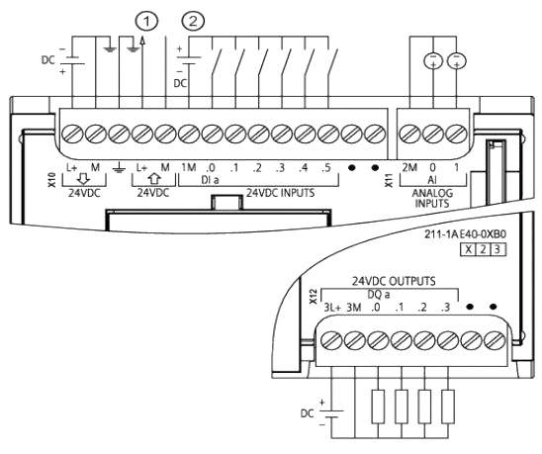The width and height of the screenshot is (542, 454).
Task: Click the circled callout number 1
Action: click(146, 22)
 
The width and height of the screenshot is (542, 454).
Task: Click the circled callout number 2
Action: click(193, 22)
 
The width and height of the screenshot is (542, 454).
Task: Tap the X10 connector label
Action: click(52, 180)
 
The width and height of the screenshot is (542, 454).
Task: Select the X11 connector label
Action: click(390, 180)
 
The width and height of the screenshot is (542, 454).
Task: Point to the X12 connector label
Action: click(314, 297)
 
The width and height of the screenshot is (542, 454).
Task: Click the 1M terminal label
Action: click(189, 168)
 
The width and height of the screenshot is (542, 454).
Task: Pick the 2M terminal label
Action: click(409, 168)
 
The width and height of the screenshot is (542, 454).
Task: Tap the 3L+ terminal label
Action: click(332, 308)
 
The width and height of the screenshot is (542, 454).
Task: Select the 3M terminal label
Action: click(354, 308)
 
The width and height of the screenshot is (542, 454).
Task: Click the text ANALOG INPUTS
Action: click(432, 198)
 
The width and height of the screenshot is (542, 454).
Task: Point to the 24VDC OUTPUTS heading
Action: click(394, 281)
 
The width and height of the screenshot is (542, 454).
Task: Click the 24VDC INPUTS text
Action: click(280, 193)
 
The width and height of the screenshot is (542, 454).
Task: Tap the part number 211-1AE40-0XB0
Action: click(465, 234)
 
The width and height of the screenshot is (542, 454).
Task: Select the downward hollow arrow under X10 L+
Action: click(83, 179)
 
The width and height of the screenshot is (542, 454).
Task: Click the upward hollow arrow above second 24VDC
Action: click(154, 179)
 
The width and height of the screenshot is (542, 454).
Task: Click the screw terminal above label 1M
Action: click(188, 134)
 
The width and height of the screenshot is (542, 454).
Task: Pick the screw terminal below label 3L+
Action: click(332, 340)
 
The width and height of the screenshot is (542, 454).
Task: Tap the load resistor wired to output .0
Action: click(378, 407)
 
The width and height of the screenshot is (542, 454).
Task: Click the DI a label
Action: click(210, 180)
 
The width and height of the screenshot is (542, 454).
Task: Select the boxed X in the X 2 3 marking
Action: click(468, 249)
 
